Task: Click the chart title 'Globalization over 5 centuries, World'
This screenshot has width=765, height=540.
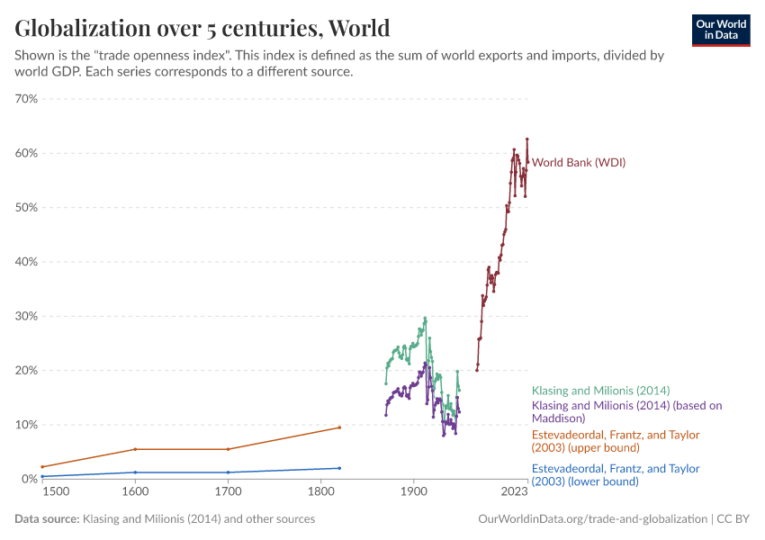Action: [x=202, y=27]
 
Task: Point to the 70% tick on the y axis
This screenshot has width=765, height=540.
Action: [x=25, y=98]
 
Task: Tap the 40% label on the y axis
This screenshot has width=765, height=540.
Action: [x=25, y=262]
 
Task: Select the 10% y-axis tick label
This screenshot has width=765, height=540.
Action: [x=25, y=425]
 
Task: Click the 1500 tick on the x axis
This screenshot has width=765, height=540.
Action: [x=54, y=493]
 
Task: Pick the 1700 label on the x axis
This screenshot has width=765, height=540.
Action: [x=228, y=493]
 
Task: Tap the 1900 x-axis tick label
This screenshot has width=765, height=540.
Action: [x=413, y=493]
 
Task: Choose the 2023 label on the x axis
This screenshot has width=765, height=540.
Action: [x=515, y=493]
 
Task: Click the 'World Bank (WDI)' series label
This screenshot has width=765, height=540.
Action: [x=579, y=163]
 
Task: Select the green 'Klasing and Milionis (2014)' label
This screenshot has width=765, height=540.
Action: [x=600, y=391]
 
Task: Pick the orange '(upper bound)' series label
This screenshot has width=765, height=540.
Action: [x=615, y=441]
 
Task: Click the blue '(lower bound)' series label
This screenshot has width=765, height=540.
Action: [x=615, y=475]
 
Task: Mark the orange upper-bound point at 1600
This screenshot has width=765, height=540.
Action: [x=135, y=449]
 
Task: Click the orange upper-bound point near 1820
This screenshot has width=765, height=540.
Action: [x=339, y=427]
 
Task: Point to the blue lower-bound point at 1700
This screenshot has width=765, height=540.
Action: [x=228, y=472]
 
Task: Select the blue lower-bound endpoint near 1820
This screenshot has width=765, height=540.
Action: [x=339, y=468]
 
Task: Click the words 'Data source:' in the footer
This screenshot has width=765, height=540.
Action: [x=47, y=519]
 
